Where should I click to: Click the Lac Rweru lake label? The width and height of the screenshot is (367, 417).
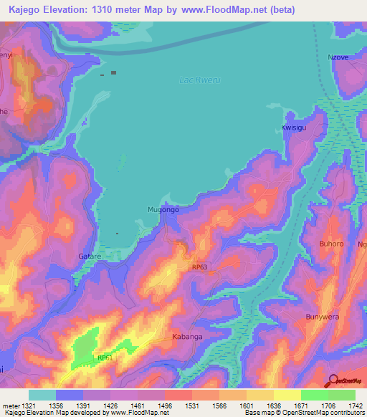[x=195, y=80]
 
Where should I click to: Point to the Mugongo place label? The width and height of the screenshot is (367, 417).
[x=163, y=210]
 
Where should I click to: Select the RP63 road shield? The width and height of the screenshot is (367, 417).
[x=201, y=267]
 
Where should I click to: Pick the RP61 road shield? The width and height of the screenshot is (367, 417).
[x=105, y=358]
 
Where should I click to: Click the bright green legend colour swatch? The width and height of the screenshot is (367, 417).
[x=315, y=395]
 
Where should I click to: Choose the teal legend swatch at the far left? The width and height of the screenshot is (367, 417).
[x=42, y=395]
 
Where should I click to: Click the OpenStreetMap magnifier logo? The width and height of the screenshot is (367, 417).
[x=334, y=380]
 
